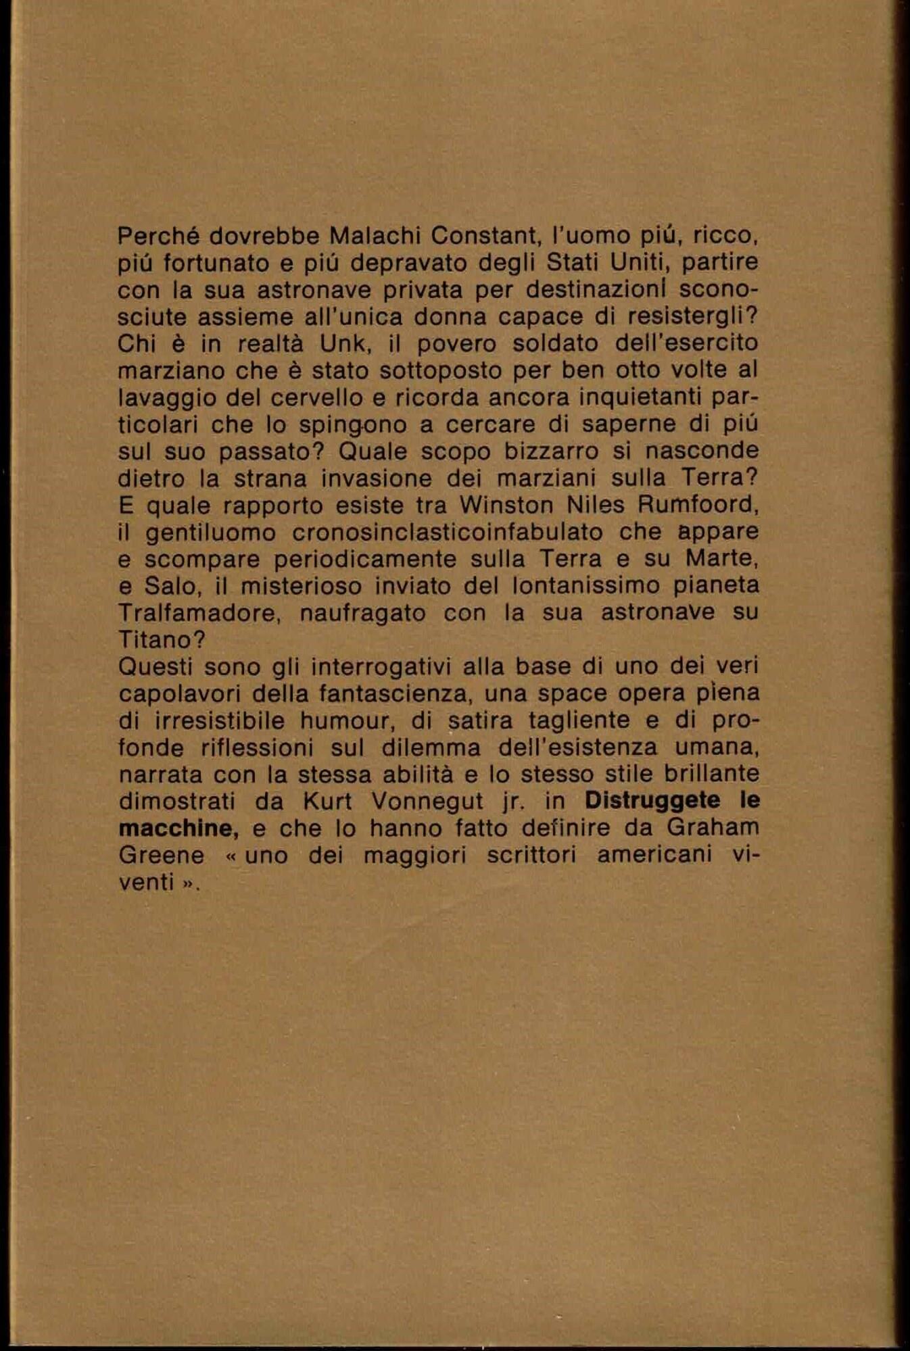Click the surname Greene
(161, 856)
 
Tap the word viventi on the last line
(152, 883)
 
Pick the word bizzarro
(537, 451)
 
